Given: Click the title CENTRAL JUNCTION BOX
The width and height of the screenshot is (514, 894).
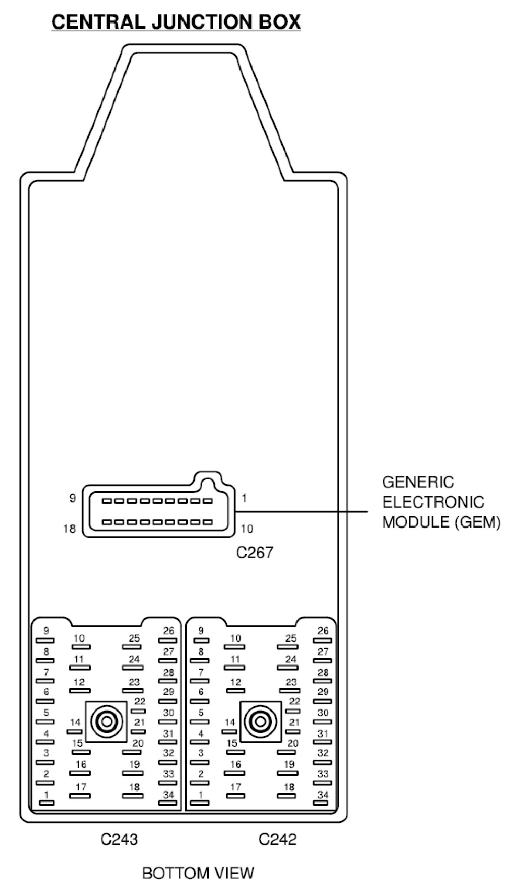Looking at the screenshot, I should pos(176,22).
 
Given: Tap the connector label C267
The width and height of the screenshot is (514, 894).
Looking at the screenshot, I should pos(254,553).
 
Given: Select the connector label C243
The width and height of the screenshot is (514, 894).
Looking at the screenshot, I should pos(119,839).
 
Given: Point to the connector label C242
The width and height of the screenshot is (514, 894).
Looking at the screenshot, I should pos(277,839).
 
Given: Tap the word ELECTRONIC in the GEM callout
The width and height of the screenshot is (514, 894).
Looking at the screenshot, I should pos(433,502).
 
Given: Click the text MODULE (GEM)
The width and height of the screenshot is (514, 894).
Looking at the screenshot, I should pos(441,522).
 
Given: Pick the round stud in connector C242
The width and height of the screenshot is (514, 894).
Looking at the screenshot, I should pos(261,722).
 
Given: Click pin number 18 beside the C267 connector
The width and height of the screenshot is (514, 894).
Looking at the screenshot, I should pos(69,529).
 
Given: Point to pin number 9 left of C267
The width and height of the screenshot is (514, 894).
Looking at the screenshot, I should pos(72,498).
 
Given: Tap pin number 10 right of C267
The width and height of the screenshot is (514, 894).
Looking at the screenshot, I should pos(247,529).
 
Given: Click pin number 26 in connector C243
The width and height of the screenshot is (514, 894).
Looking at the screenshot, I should pos(168,631).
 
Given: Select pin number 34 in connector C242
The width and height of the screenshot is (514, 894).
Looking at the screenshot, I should pos(323,795).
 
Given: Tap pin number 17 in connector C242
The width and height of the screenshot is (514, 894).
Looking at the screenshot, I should pos(235,787).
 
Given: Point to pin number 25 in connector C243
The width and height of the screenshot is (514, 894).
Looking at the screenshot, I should pos(134,638).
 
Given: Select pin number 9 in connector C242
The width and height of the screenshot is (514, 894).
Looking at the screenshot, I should pos(201,631).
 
